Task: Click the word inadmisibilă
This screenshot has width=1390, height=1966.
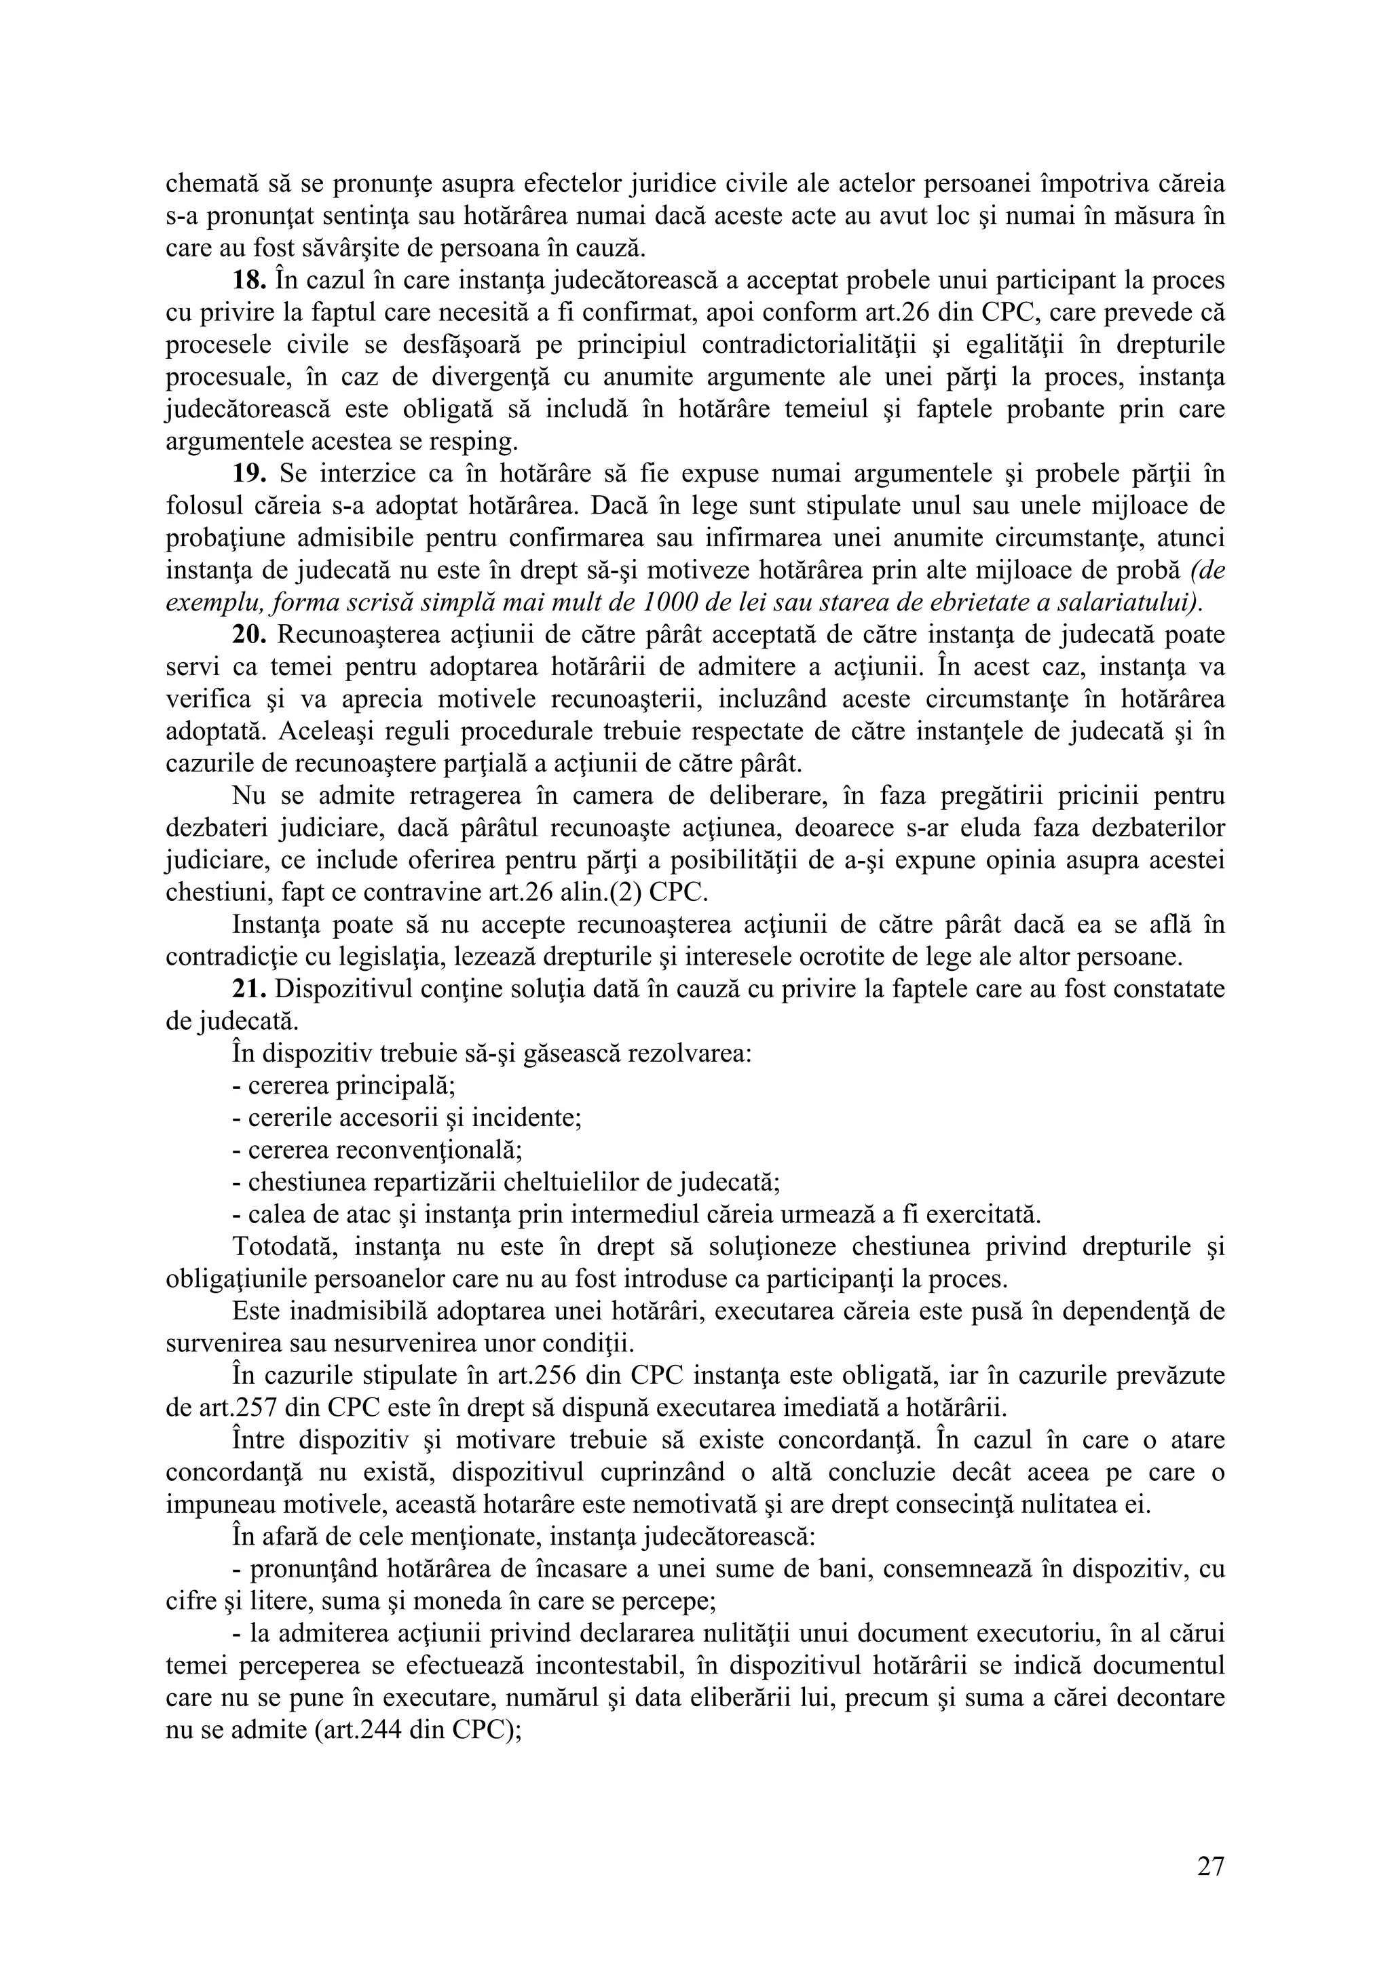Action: click(x=358, y=1312)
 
